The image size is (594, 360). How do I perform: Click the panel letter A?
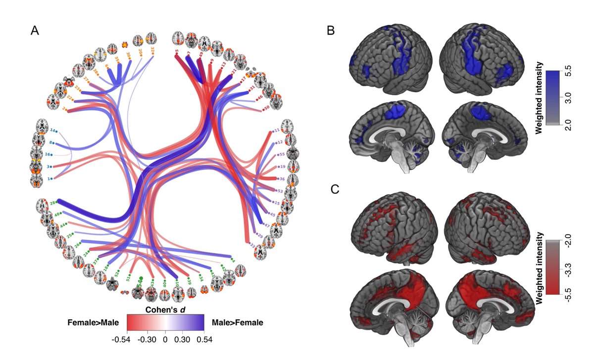(x=35, y=31)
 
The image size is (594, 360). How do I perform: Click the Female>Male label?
(x=94, y=322)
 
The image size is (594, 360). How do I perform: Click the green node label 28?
(x=51, y=203)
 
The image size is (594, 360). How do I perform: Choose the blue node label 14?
(x=52, y=130)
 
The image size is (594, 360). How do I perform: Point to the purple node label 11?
(x=277, y=130)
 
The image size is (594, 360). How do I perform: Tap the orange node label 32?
(x=152, y=51)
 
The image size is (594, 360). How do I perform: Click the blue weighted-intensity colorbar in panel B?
(x=552, y=99)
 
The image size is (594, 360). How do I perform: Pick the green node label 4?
(x=234, y=258)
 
